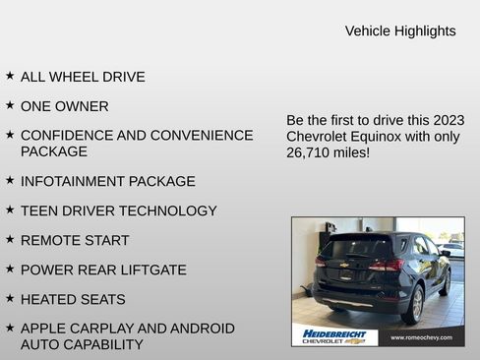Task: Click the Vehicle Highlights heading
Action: click(x=400, y=31)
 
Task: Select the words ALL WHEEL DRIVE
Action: click(x=83, y=77)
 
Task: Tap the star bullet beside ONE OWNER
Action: click(x=10, y=104)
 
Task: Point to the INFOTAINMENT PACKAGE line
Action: click(x=107, y=182)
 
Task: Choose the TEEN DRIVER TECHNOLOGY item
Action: click(x=118, y=211)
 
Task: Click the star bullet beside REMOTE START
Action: click(x=10, y=239)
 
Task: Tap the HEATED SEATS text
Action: click(x=73, y=299)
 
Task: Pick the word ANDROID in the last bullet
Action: click(x=200, y=329)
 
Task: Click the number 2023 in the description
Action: click(x=445, y=120)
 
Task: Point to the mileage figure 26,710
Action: click(x=313, y=153)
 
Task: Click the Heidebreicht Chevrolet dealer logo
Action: click(x=334, y=336)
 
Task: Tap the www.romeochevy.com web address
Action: click(x=421, y=337)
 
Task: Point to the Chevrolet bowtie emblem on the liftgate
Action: click(x=345, y=265)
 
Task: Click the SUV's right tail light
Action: click(x=387, y=265)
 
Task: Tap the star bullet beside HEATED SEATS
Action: click(x=10, y=298)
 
